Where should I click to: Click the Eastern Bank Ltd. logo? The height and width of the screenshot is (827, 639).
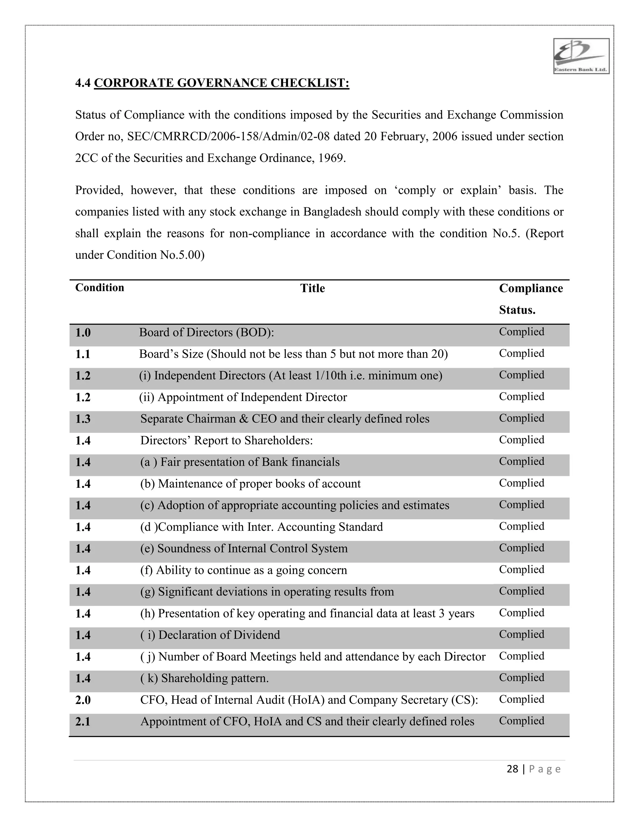tap(581, 56)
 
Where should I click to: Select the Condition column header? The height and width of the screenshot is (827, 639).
tap(100, 288)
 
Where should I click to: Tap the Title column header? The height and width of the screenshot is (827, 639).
tap(312, 289)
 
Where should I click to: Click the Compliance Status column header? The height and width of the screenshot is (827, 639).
tap(530, 299)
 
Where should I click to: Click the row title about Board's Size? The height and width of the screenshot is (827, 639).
tap(293, 354)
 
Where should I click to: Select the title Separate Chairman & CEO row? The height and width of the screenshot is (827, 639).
tap(285, 419)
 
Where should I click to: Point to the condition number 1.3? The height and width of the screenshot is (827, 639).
tap(83, 419)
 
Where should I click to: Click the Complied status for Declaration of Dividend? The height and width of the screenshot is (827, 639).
tap(521, 634)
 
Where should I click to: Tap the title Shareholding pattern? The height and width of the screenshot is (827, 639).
tap(204, 678)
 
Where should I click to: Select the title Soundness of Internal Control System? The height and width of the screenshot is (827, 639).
tap(244, 549)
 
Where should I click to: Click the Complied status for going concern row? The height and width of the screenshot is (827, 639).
tap(521, 570)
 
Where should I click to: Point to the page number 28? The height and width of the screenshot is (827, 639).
tap(512, 769)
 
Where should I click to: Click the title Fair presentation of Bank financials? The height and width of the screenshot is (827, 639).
tap(240, 462)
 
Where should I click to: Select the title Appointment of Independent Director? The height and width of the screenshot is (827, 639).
tap(243, 397)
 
